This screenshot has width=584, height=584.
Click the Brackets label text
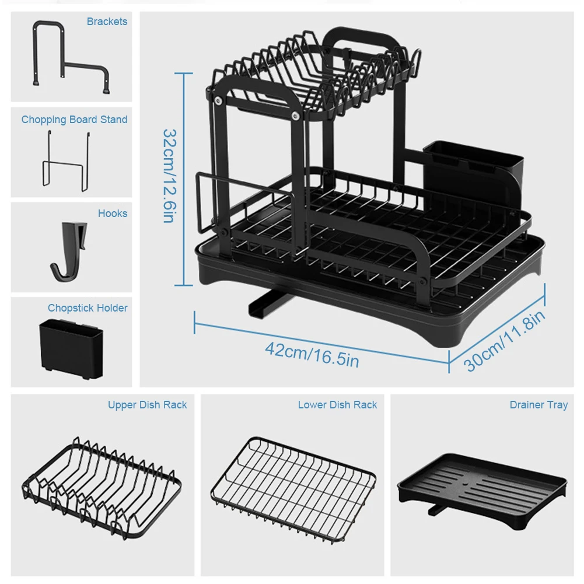click(x=107, y=22)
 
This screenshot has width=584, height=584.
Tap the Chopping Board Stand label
click(x=74, y=120)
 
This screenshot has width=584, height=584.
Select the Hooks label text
click(x=113, y=214)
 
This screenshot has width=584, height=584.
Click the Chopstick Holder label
click(x=88, y=308)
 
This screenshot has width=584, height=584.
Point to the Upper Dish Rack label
click(x=147, y=405)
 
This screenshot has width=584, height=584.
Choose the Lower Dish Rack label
click(x=337, y=405)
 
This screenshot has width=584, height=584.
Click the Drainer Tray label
click(x=538, y=405)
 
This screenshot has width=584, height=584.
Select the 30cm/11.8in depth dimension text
click(x=505, y=341)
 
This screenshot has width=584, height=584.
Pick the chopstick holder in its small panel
click(x=71, y=345)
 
